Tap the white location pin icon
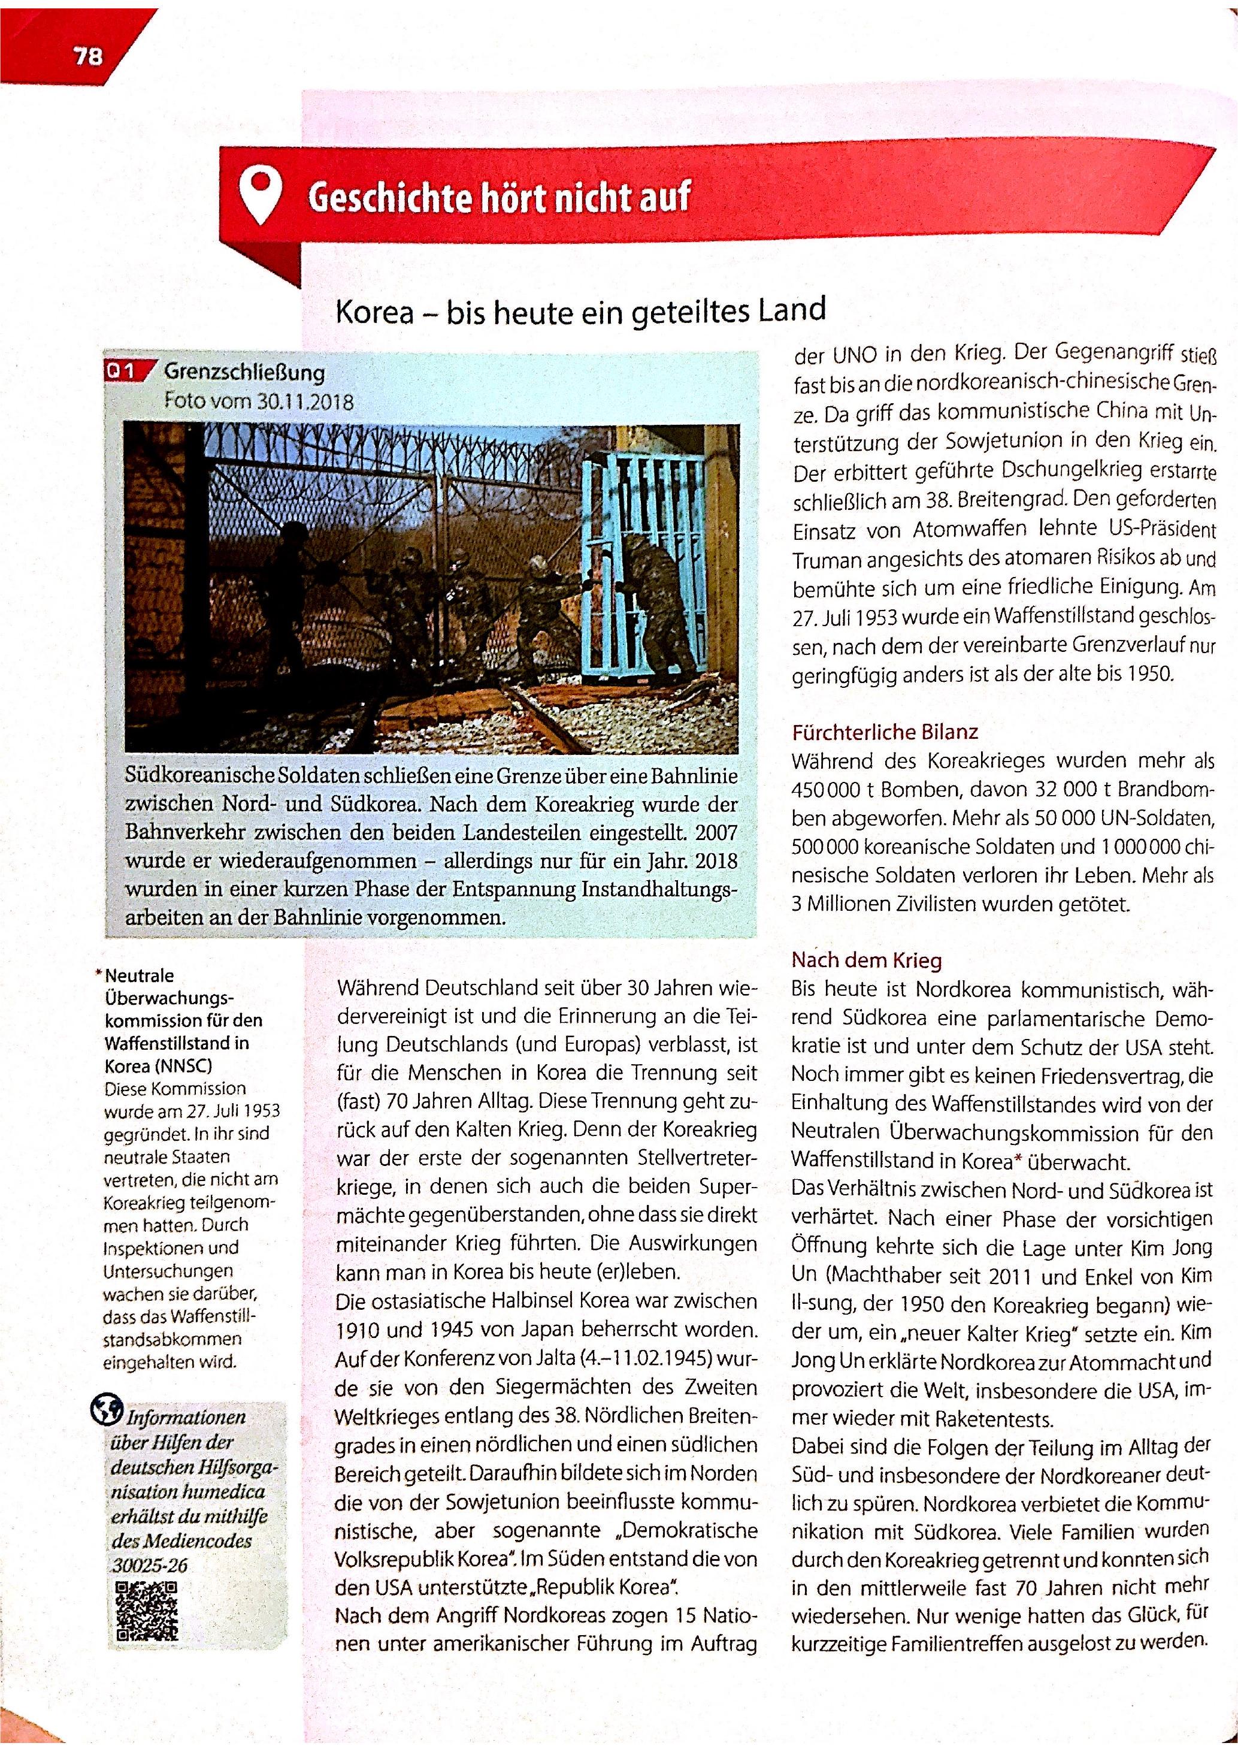coord(259,195)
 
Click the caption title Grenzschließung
coord(244,373)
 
